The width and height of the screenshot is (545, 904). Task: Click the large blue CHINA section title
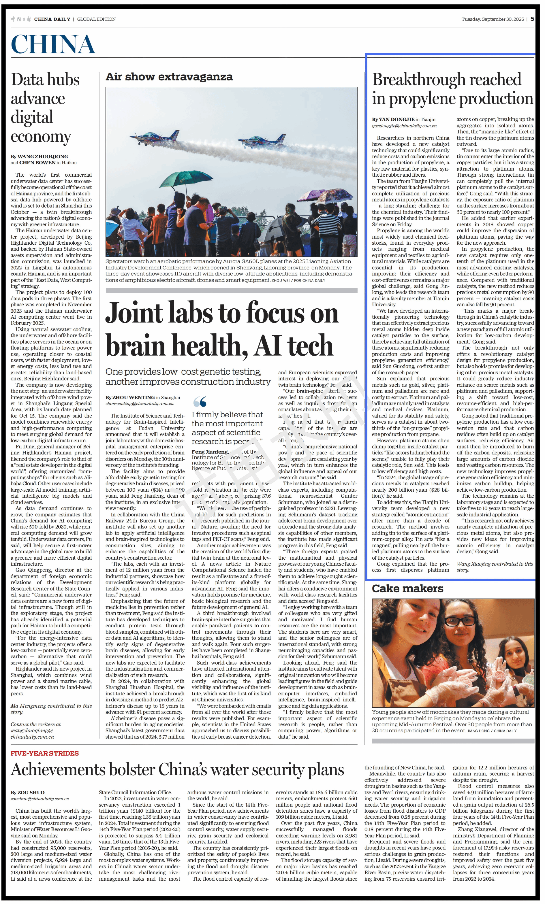[53, 44]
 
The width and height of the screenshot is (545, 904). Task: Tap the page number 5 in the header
[532, 19]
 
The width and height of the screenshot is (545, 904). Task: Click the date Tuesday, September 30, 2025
[493, 19]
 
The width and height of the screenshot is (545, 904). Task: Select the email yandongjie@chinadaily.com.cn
[404, 126]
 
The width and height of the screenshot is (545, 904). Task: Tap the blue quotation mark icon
[200, 402]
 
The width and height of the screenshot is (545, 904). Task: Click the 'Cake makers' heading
[407, 588]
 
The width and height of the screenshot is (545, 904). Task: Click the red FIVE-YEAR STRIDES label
[44, 753]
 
